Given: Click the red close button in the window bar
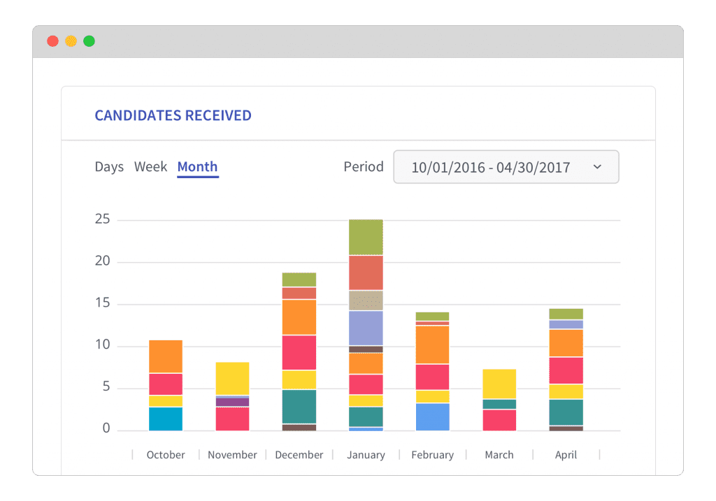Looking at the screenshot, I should [52, 41].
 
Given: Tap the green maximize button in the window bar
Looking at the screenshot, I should [89, 41].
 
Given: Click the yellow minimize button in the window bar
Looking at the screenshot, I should [71, 41].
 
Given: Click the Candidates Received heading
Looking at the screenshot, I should [173, 116].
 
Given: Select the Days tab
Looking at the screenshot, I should [109, 167].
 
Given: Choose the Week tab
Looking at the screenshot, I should [150, 167].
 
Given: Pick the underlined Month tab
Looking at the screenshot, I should [197, 167].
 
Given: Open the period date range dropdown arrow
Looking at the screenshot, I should [596, 167].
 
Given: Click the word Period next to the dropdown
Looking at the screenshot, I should [364, 167].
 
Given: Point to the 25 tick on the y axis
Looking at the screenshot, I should [103, 219].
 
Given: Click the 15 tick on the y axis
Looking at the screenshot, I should [103, 303].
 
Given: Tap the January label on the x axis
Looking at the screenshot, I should [366, 455].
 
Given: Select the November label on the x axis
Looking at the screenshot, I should [232, 455].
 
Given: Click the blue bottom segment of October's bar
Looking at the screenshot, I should [166, 419].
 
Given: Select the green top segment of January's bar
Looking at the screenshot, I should [366, 237].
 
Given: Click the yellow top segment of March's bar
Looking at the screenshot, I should [499, 384].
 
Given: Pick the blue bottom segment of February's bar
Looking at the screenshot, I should [432, 416].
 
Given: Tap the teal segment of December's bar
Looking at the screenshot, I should [299, 406].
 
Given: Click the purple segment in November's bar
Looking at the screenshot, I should [232, 402].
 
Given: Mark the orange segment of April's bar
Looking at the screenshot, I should [566, 343].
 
